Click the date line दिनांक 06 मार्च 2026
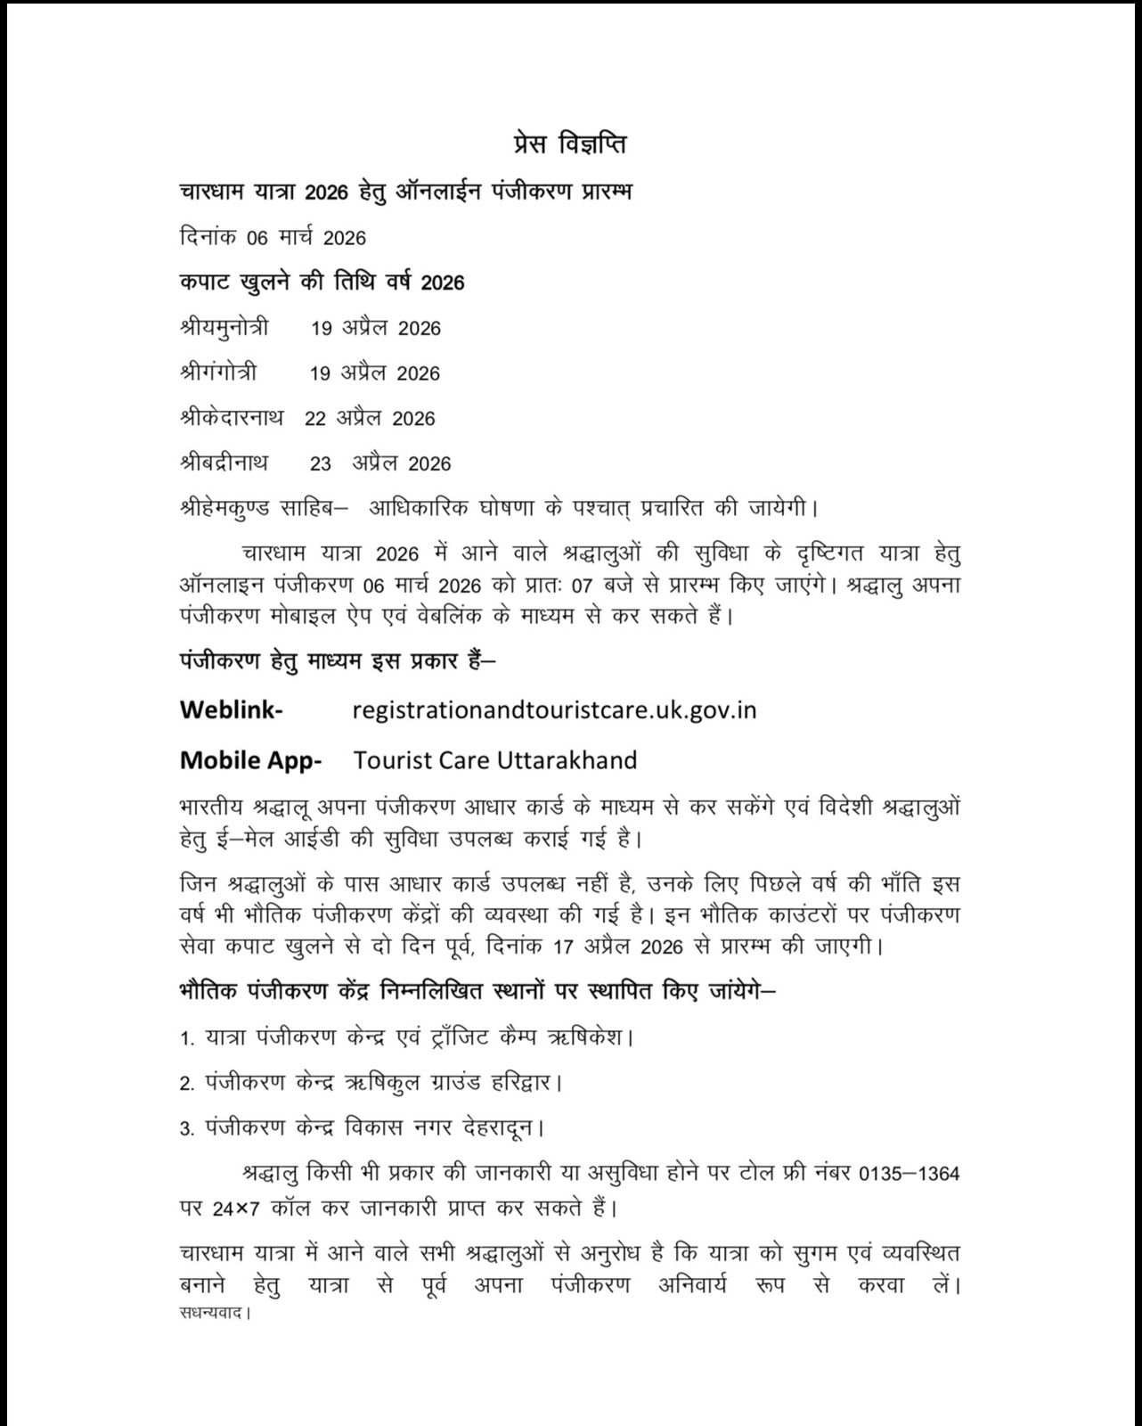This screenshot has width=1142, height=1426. pyautogui.click(x=273, y=237)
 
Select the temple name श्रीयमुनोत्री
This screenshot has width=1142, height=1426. pyautogui.click(x=224, y=327)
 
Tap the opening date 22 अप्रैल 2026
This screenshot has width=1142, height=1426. pyautogui.click(x=370, y=419)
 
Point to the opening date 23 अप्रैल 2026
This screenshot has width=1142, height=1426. pyautogui.click(x=380, y=463)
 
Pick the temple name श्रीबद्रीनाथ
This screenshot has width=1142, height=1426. pyautogui.click(x=224, y=463)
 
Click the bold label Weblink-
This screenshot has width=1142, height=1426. pyautogui.click(x=232, y=709)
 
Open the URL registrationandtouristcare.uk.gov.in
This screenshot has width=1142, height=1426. pyautogui.click(x=554, y=709)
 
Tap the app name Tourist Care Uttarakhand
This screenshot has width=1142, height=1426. pyautogui.click(x=495, y=760)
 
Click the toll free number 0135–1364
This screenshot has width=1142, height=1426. pyautogui.click(x=909, y=1174)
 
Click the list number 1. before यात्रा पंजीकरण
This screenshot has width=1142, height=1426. pyautogui.click(x=186, y=1039)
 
